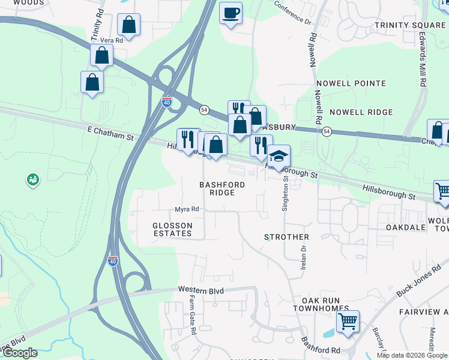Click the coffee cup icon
(231, 13)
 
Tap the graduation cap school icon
(279, 156)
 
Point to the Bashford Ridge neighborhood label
(222, 188)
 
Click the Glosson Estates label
(172, 229)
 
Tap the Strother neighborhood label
(286, 237)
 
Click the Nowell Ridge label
(361, 112)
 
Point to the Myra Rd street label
(187, 209)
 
